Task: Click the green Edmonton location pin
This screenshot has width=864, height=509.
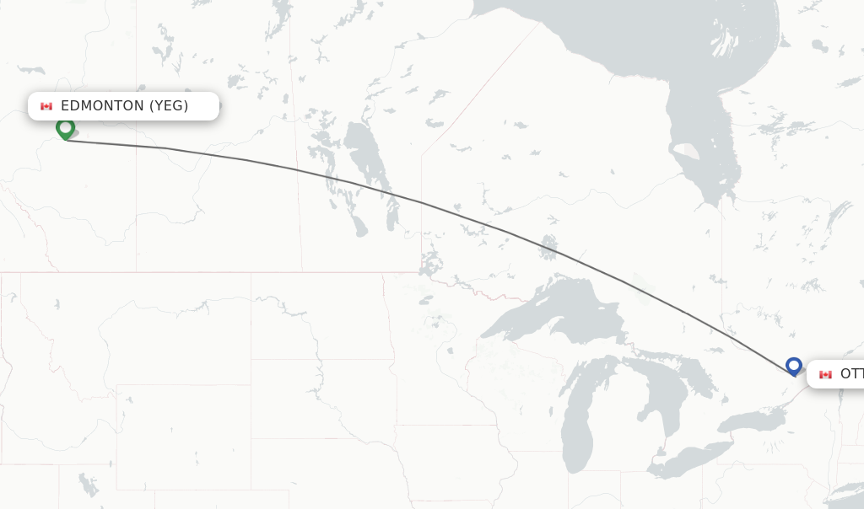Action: tap(65, 128)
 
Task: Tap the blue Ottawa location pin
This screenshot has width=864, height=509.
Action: tap(793, 366)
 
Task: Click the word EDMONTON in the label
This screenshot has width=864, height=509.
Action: tap(102, 106)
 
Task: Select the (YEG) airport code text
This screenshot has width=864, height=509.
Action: tap(169, 106)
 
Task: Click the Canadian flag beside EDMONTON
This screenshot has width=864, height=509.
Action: tap(46, 106)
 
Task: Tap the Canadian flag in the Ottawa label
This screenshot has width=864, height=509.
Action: tap(825, 374)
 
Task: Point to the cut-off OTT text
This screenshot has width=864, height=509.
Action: tap(851, 374)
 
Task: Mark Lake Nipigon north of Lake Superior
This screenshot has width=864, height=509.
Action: tap(549, 247)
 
